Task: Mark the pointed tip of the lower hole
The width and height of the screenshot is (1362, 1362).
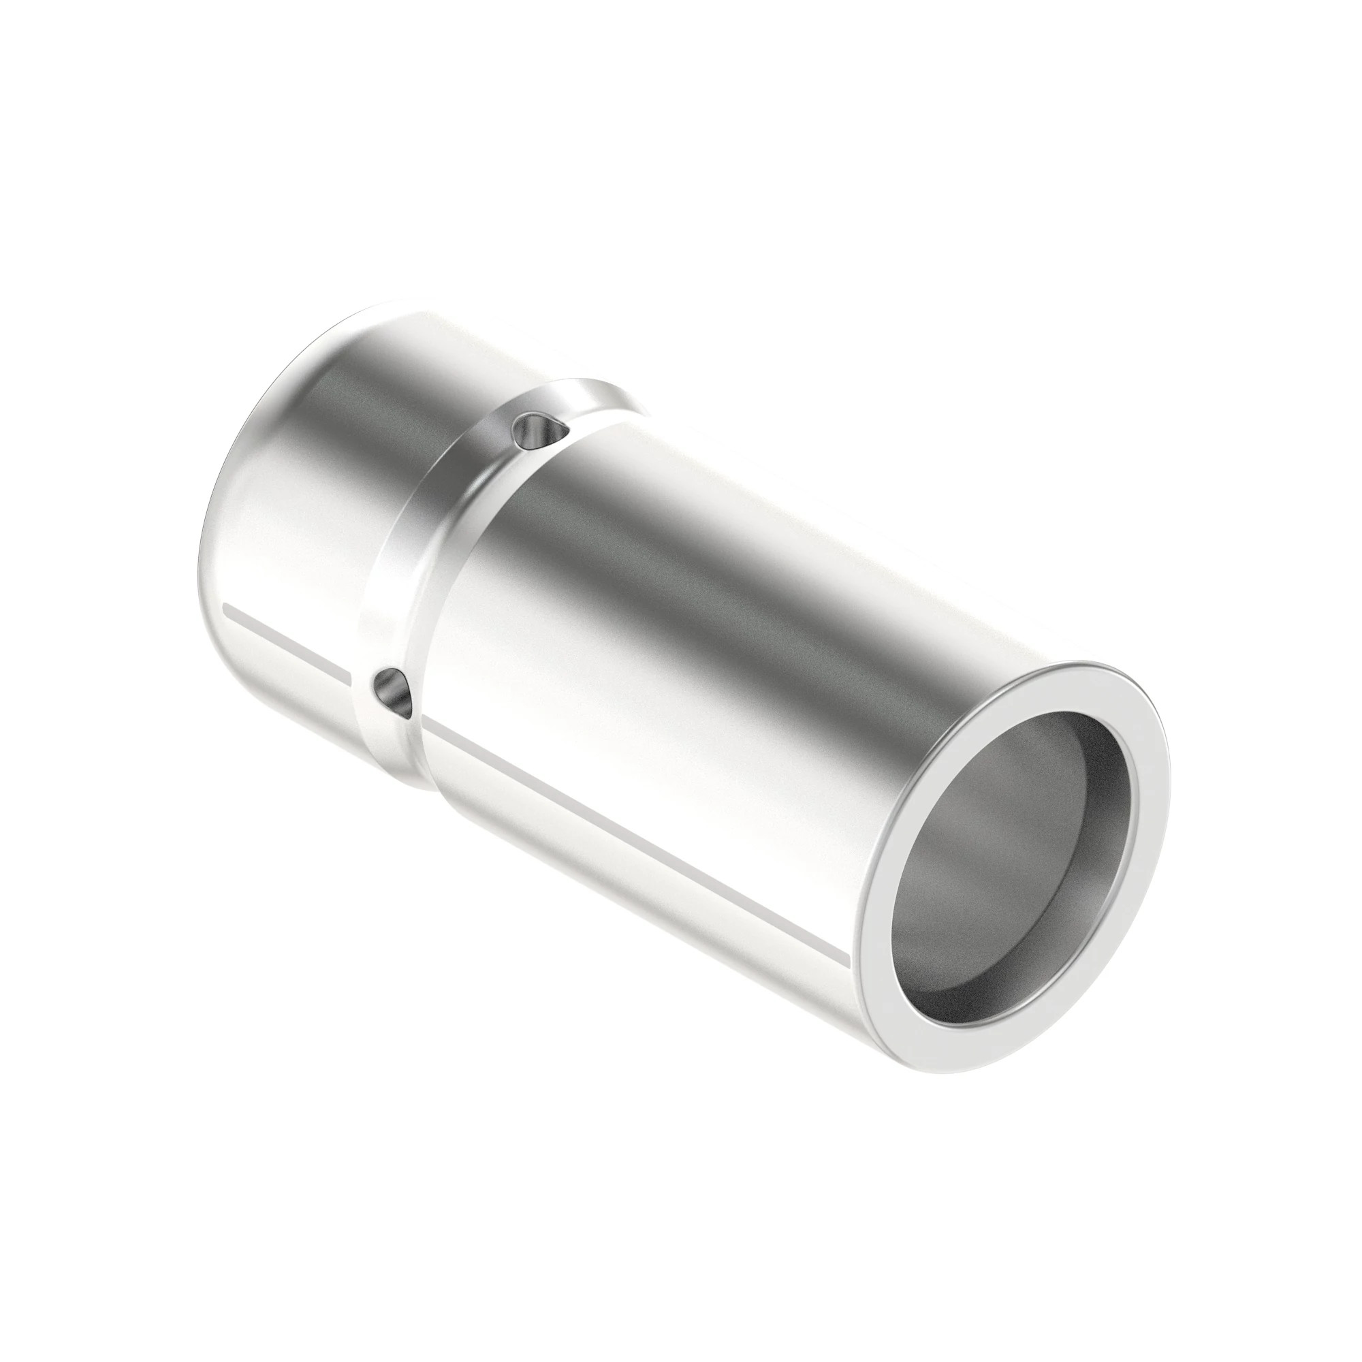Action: [x=409, y=717]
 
